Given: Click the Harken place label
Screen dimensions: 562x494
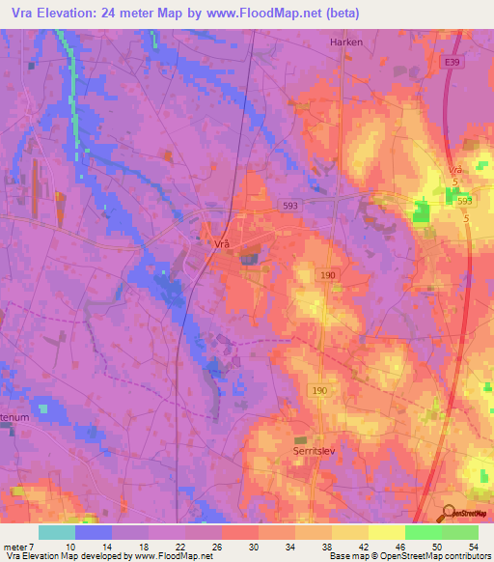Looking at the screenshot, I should click(x=345, y=42).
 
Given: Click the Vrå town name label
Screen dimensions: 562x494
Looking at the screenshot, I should click(x=221, y=244).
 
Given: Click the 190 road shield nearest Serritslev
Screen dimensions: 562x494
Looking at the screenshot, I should click(x=319, y=390).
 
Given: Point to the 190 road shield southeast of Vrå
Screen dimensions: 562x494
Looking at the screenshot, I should click(x=328, y=276).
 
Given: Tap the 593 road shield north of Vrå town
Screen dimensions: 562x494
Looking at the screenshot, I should click(x=290, y=206).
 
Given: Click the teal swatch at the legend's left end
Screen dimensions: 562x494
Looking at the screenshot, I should click(x=57, y=532).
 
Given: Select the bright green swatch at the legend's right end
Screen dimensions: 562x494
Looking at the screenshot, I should click(x=459, y=532).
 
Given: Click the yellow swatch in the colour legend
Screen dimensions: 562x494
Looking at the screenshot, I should click(x=349, y=532).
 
